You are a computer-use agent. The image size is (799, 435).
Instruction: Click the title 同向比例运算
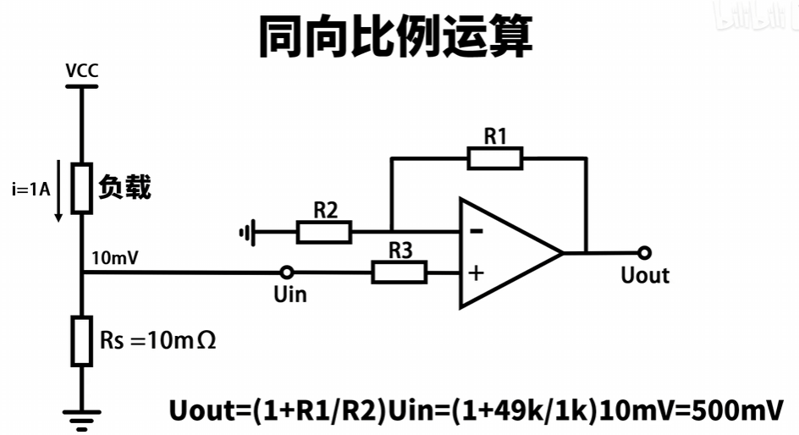(399, 36)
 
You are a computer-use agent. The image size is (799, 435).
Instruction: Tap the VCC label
(82, 70)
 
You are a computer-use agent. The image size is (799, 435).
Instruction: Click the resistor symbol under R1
(495, 158)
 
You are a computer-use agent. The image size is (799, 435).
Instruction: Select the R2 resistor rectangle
(324, 231)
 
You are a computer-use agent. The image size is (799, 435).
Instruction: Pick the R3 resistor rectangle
(399, 272)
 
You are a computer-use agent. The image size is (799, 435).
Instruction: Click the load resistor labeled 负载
(81, 188)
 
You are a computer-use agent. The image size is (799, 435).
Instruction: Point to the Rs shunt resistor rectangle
(81, 340)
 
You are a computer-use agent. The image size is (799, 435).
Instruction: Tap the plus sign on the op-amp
(477, 273)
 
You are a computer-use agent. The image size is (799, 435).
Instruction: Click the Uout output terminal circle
(645, 252)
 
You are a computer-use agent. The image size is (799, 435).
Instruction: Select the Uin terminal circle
(287, 273)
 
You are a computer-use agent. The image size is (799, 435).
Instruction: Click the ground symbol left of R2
(247, 231)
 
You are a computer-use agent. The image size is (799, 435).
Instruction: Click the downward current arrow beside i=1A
(58, 190)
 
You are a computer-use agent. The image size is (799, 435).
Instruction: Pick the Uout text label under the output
(644, 275)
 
